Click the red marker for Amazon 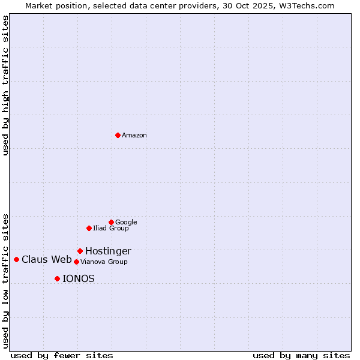coord(118,135)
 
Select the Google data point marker coord(111,222)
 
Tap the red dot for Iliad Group coord(89,228)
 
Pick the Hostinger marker coord(80,251)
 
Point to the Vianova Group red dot coord(76,262)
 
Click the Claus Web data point coord(16,259)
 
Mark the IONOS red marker coord(57,278)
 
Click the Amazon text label coord(134,136)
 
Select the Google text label coord(126,223)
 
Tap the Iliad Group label coord(111,229)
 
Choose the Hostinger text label coord(108,251)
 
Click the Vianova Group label coord(104,262)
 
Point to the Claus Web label coord(47,260)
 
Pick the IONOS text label coord(79,279)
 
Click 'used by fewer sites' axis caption coord(62,356)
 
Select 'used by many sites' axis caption coord(301,356)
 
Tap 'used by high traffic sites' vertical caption coord(5,86)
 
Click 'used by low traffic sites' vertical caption coord(5,280)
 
